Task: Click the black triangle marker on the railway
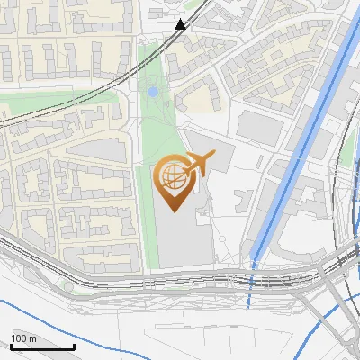coord(181,24)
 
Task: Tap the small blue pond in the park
coord(152,92)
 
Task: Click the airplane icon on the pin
coord(198,165)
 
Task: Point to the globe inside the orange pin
coord(172,176)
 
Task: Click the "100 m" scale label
coord(23,338)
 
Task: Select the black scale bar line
coord(42,347)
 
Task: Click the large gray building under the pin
coord(180,243)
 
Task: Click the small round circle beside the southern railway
coord(67,285)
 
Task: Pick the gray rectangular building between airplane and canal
coord(261,126)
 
